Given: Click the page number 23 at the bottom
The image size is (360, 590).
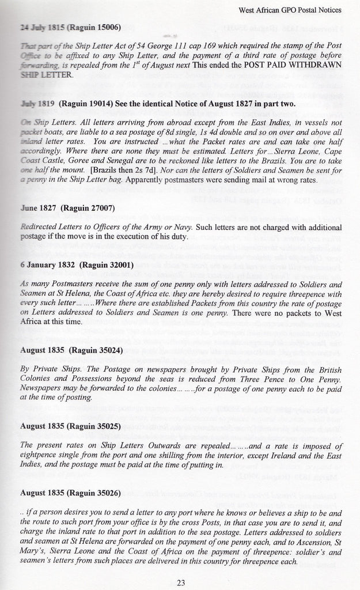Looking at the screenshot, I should [x=180, y=583].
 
